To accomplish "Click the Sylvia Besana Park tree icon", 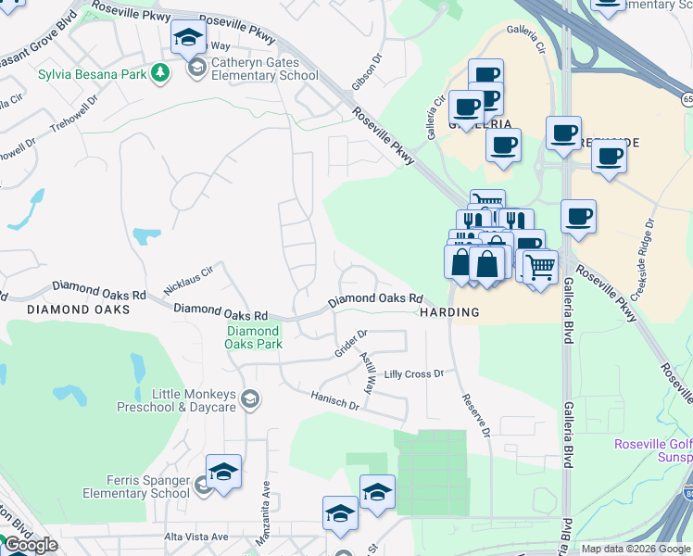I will pyautogui.click(x=160, y=72).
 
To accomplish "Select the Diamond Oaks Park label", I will pyautogui.click(x=253, y=337).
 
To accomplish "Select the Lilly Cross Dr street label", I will pyautogui.click(x=414, y=373).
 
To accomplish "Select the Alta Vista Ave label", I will pyautogui.click(x=195, y=537).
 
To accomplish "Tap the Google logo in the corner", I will pyautogui.click(x=30, y=545).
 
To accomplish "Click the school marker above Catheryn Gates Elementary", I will pyautogui.click(x=188, y=39).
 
